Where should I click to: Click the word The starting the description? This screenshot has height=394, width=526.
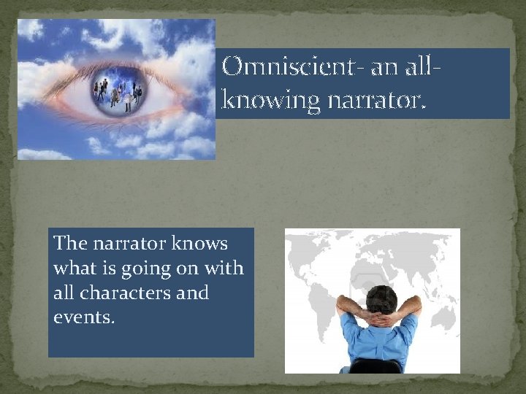point(70,244)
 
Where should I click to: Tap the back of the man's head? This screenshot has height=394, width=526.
point(381,298)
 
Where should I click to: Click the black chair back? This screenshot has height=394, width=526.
point(375,366)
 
